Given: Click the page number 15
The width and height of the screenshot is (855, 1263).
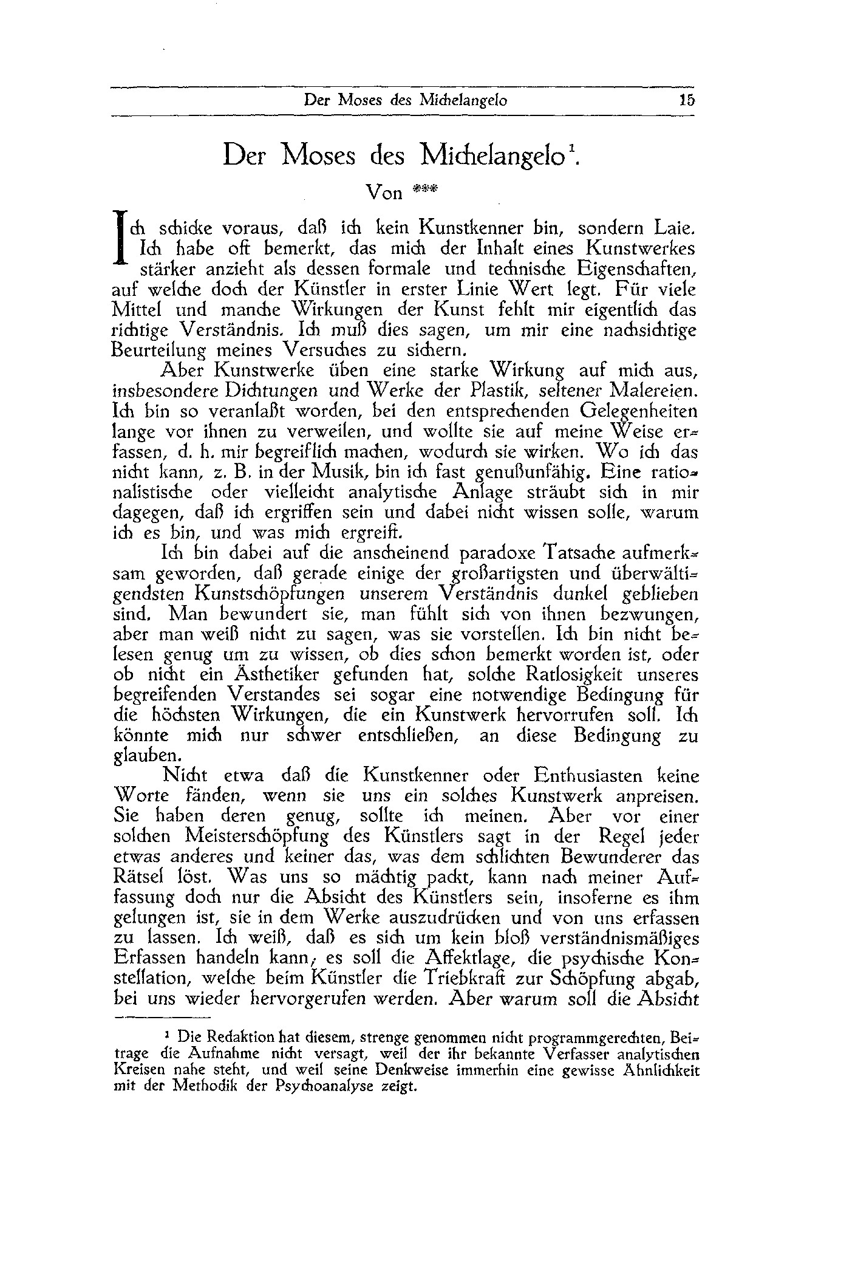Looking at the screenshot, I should (687, 101).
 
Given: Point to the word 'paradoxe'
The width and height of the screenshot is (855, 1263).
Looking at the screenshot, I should (496, 553).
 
